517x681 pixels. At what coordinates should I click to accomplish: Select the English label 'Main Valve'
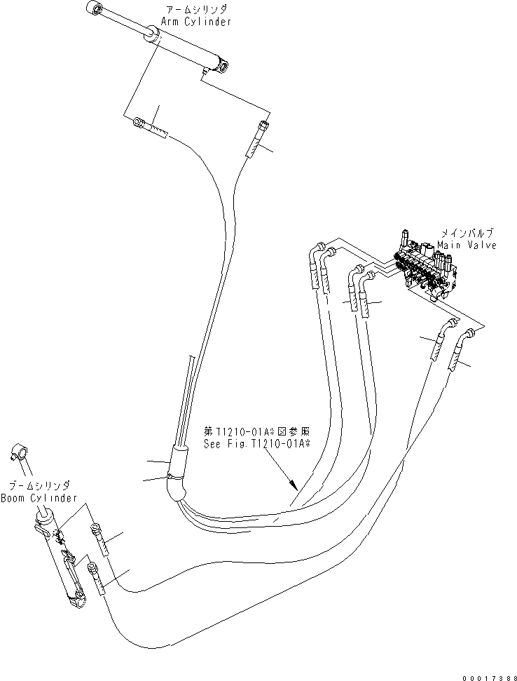click(x=466, y=245)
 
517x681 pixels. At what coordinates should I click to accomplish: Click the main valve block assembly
click(x=425, y=270)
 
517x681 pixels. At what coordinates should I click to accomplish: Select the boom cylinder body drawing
click(x=62, y=558)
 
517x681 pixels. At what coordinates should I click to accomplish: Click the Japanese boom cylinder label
click(x=39, y=485)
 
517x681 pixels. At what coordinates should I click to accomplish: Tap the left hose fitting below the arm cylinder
click(x=150, y=128)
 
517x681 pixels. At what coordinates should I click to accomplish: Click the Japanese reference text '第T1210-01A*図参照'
click(x=256, y=431)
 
